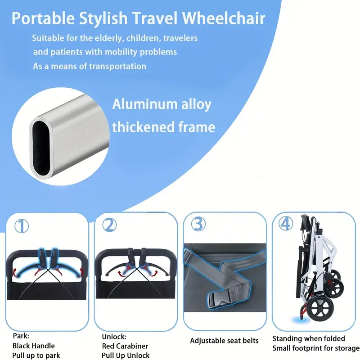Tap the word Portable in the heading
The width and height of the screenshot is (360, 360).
point(43,18)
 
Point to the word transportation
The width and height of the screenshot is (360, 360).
point(117,66)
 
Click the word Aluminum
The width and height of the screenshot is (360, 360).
point(145,104)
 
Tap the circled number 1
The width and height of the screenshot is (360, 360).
point(22,226)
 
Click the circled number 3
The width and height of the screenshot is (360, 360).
point(198,224)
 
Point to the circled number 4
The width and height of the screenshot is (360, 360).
point(286,223)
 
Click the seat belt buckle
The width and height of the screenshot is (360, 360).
point(219,299)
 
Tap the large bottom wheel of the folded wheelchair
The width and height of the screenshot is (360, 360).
point(320,308)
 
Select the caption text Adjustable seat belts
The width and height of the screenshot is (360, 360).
point(224,341)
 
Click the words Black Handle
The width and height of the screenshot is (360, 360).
point(33,346)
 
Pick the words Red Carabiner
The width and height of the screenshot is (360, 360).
point(125,346)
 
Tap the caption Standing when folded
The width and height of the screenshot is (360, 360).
point(309,339)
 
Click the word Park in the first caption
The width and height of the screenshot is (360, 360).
point(21,336)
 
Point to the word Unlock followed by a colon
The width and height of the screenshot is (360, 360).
point(114,337)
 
